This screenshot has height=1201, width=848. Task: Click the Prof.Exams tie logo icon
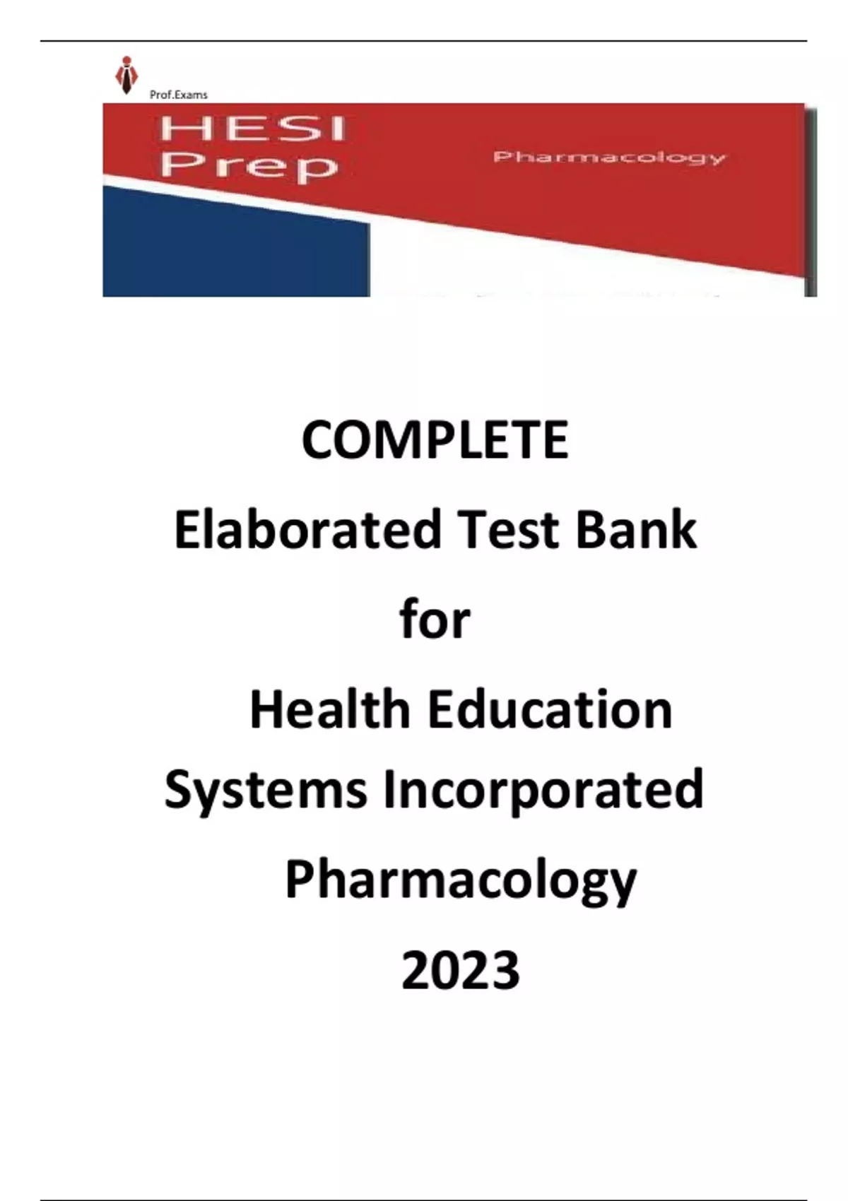(126, 76)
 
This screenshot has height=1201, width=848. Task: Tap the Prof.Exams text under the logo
(179, 95)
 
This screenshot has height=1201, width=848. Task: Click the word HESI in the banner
(252, 130)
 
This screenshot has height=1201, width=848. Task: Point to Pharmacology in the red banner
(609, 158)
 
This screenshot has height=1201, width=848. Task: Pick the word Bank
(637, 529)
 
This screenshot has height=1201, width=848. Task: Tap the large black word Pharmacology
(460, 882)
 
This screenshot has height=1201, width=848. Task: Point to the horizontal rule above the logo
(424, 41)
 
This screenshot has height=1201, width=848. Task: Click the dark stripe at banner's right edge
(811, 201)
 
